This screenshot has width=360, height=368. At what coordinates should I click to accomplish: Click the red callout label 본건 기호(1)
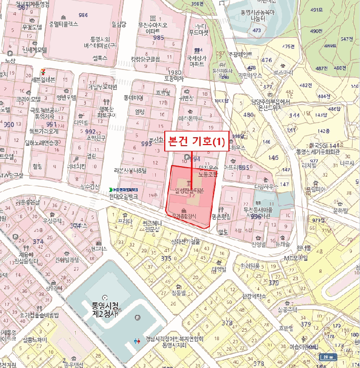[x=196, y=141]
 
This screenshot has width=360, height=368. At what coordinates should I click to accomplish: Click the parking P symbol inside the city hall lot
[x=138, y=318]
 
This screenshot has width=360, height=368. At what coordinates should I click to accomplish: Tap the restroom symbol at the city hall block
[x=138, y=341]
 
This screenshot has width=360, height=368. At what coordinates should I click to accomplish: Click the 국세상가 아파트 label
[x=196, y=61]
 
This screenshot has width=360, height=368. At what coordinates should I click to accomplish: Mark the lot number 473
[x=257, y=31]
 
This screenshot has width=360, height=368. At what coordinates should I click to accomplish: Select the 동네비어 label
[x=133, y=98]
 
